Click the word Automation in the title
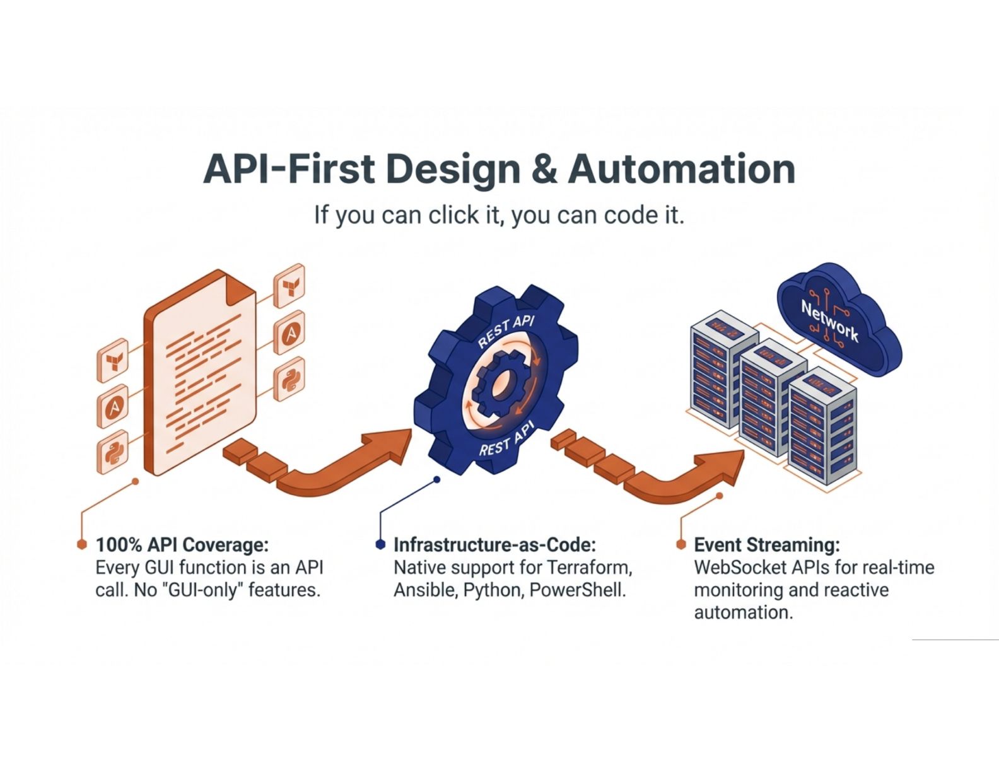point(681,169)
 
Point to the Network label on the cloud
point(829,320)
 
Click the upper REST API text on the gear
point(506,332)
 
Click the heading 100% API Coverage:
point(182,545)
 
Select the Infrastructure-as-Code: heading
point(494,545)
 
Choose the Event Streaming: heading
point(766,545)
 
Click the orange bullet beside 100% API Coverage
point(81,544)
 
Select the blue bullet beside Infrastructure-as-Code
point(380,544)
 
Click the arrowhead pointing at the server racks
point(725,466)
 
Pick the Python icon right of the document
point(289,379)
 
